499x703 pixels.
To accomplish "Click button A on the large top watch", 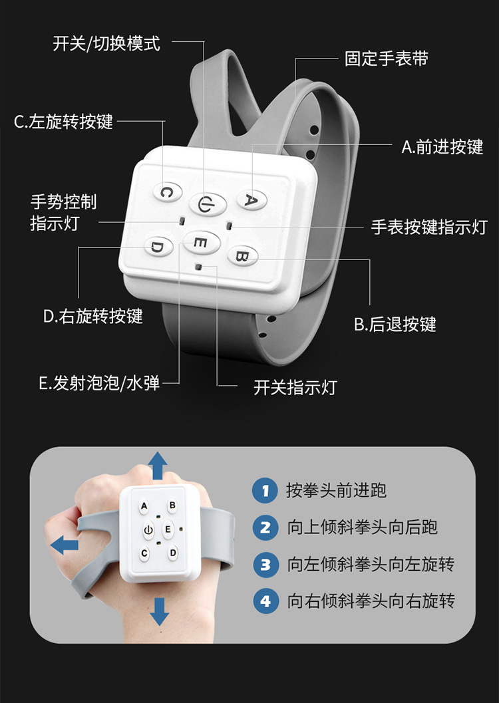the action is [x=252, y=200].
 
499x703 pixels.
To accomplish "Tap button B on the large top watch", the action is [x=243, y=256].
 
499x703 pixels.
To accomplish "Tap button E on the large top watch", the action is [x=202, y=243].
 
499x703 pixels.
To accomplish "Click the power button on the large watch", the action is [x=207, y=205].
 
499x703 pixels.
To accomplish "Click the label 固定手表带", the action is [x=387, y=59].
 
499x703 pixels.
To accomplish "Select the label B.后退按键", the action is [x=395, y=324].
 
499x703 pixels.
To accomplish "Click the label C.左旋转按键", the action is [x=63, y=122].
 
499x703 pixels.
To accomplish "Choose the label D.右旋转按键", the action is [x=92, y=316].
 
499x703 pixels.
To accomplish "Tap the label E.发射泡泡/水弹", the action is [x=99, y=383].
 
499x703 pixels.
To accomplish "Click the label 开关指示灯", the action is [x=295, y=387].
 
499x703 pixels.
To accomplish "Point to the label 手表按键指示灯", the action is [x=429, y=227].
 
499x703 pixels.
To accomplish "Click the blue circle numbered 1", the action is [x=265, y=490].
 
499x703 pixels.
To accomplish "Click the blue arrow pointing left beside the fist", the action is [x=65, y=545].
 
